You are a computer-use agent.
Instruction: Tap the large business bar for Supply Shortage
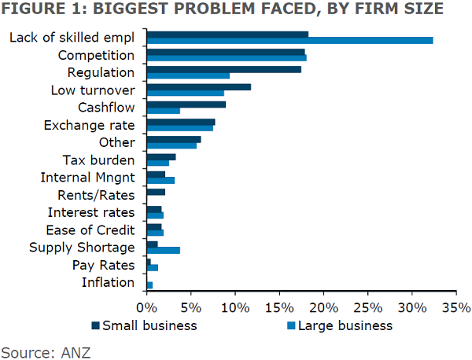(164, 251)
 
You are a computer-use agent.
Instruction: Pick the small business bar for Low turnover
(199, 86)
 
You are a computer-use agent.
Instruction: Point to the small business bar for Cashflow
(186, 104)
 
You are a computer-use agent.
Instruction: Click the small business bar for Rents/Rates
(156, 192)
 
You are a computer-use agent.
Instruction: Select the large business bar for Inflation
(149, 285)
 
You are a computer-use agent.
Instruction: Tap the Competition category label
(97, 56)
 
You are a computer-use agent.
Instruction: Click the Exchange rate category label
(90, 125)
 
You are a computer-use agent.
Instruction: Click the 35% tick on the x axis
(455, 305)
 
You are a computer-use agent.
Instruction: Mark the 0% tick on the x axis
(147, 305)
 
